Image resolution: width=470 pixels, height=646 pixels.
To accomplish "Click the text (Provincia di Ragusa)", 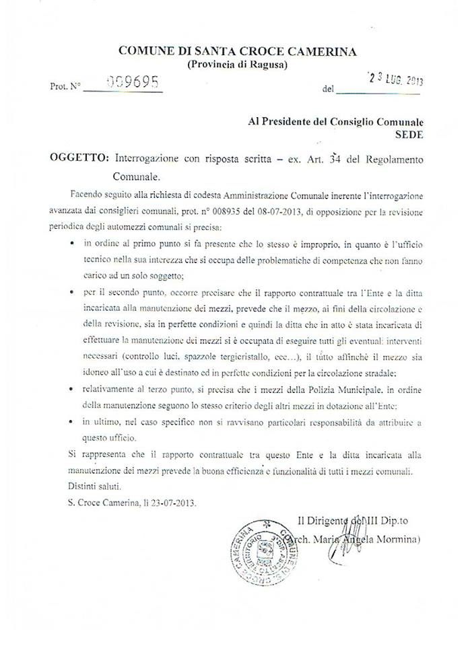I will point(236,65).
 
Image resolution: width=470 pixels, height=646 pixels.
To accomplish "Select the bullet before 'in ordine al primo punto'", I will point(72,240).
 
